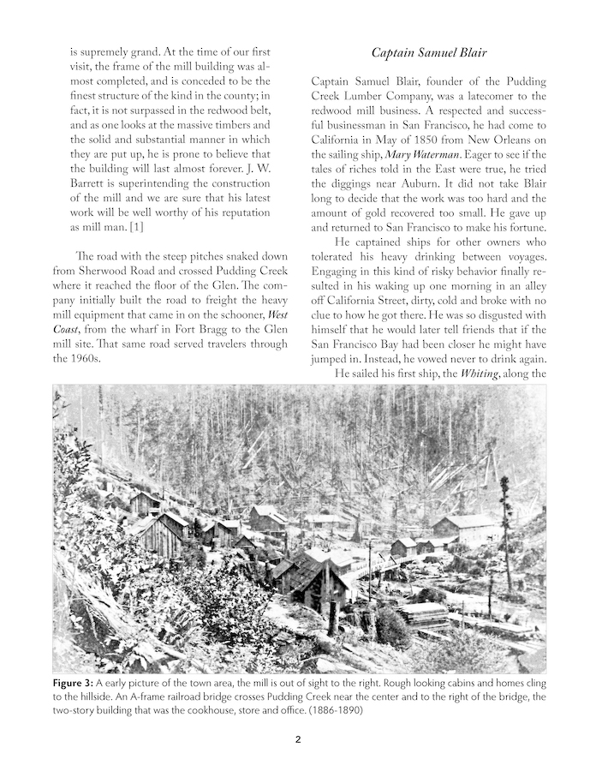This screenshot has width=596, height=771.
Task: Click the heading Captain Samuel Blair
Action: click(429, 53)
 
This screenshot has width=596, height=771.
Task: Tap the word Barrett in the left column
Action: click(92, 196)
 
